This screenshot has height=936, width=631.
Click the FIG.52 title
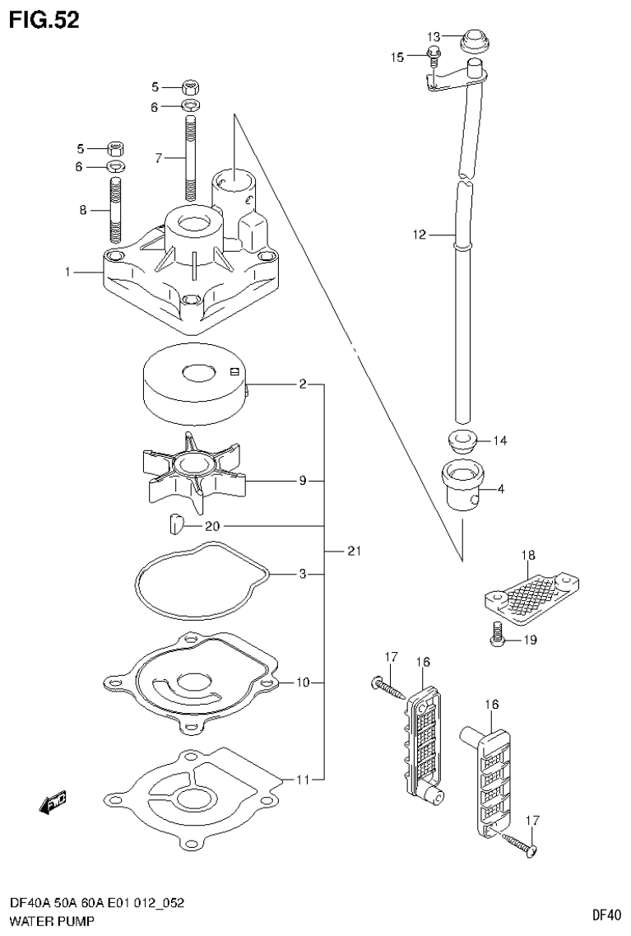[x=44, y=21]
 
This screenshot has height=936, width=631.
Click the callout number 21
[x=354, y=551]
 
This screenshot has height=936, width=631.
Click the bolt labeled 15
[x=434, y=56]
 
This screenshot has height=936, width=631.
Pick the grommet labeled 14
[x=464, y=440]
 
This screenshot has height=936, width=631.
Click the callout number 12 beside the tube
[x=420, y=235]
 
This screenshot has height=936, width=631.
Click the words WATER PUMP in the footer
[x=51, y=921]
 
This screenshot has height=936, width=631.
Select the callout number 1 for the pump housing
[x=67, y=272]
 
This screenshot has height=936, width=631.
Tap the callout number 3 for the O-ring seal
[x=303, y=574]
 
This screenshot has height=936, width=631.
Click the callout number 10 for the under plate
[x=302, y=682]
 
